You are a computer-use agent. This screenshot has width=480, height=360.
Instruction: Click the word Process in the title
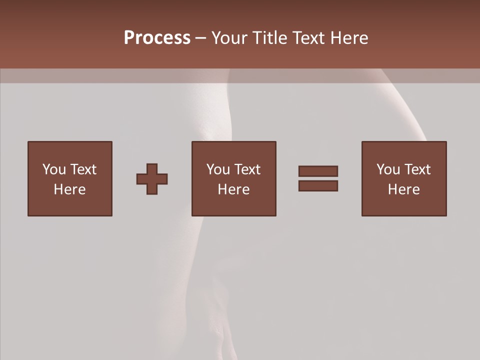(157, 38)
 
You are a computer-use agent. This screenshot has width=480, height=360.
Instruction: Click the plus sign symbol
(152, 179)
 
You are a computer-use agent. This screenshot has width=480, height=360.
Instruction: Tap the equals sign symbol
(318, 178)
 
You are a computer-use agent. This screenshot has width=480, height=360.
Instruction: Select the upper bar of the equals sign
(318, 171)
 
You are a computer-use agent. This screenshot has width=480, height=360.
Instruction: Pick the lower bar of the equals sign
(318, 186)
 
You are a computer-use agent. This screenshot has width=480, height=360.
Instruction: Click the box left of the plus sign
(70, 178)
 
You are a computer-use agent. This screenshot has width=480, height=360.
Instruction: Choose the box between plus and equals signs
(233, 178)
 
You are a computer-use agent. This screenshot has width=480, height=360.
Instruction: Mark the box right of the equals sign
(404, 178)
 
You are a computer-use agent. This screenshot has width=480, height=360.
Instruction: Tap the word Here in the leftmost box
(69, 189)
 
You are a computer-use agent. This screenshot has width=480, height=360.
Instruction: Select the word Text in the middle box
(247, 169)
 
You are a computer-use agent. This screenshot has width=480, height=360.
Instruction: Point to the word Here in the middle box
(233, 189)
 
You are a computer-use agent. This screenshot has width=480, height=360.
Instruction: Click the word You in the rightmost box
(388, 169)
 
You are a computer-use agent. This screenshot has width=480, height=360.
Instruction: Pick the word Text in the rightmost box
(417, 169)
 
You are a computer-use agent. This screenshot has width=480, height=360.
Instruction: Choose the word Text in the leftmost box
(83, 169)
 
